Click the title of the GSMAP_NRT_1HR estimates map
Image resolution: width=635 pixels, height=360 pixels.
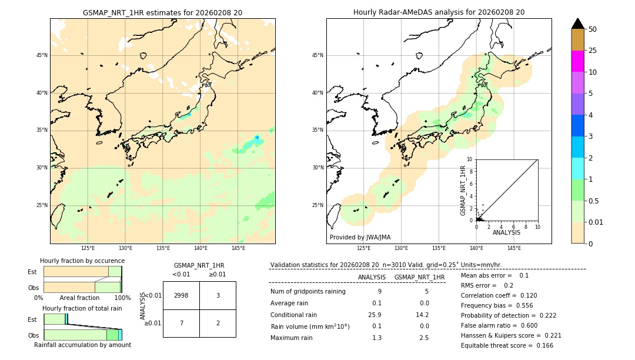pos(162,12)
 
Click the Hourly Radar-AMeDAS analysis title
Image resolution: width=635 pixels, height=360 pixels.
pos(439,12)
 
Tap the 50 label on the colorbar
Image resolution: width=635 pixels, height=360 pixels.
pos(593,29)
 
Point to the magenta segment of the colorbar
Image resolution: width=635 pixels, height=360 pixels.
pos(577,61)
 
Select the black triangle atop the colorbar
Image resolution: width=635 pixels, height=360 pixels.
pos(577,24)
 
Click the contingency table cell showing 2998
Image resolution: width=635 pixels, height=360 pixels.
pos(181,296)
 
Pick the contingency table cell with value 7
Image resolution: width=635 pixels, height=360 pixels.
pos(181,323)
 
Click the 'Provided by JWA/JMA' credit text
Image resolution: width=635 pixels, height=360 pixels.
pos(360,237)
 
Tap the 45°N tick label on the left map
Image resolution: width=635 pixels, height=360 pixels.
pos(42,55)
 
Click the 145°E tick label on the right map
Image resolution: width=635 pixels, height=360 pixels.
pos(514,248)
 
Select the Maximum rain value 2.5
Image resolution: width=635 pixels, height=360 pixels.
pos(423,338)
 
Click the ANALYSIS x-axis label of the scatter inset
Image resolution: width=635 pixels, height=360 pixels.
pos(506,232)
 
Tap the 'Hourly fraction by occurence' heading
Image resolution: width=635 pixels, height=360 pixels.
pos(82,261)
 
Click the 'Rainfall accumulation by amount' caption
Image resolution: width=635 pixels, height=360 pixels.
pos(82,345)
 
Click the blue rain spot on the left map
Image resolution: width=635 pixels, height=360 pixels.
pos(257,138)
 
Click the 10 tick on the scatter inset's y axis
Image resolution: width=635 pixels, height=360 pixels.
pos(470,159)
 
